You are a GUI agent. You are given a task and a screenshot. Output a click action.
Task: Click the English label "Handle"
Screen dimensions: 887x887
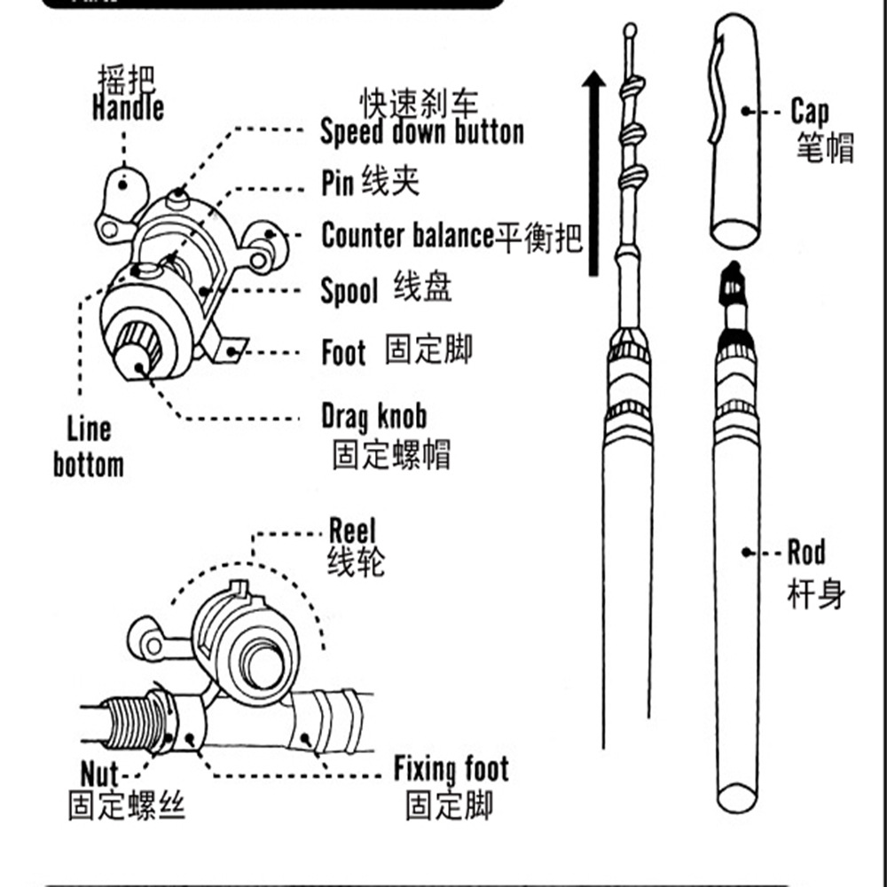[x=128, y=108]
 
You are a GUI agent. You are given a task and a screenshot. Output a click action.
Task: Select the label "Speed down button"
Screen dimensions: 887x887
[x=421, y=133]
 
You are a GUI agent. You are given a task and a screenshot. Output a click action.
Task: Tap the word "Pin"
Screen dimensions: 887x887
[x=338, y=184]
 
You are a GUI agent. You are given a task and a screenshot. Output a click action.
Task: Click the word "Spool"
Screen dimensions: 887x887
[x=349, y=292]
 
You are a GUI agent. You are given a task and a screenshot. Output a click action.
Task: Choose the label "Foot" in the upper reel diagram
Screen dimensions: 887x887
[x=343, y=353]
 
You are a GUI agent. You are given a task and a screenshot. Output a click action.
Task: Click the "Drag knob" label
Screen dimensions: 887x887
[x=373, y=416]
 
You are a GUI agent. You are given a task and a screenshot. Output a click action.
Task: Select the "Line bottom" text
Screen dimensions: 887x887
[x=89, y=447]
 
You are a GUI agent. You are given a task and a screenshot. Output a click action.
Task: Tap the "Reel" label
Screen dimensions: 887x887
[x=352, y=532]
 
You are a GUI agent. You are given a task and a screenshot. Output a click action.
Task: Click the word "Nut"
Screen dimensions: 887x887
[x=99, y=773]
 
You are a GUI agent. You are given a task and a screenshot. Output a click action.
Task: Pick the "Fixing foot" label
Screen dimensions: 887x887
[x=451, y=769]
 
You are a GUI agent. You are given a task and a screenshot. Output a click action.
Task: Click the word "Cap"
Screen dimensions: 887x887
[x=810, y=113]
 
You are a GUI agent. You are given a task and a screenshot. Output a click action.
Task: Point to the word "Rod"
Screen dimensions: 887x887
[x=806, y=553]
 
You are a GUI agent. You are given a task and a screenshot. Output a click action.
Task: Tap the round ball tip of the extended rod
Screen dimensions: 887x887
[x=631, y=29]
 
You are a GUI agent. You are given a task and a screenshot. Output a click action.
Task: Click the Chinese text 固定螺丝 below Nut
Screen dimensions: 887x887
[x=127, y=807]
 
